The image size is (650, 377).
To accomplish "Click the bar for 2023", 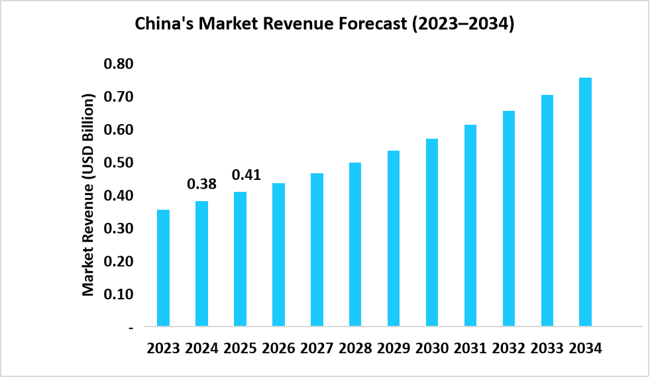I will point(163,268).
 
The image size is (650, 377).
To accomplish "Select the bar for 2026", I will point(278,255).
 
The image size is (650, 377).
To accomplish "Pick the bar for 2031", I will point(470,226).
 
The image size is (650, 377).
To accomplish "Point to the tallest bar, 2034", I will point(586,202).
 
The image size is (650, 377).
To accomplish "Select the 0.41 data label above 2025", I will point(246,175).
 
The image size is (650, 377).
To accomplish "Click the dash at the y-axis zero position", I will point(131,327).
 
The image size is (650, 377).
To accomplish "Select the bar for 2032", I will point(509,218).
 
